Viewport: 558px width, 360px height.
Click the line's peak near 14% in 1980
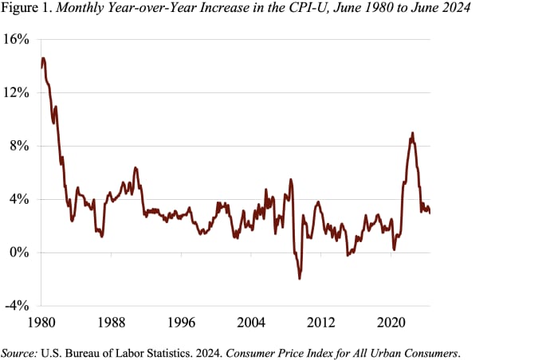(43, 58)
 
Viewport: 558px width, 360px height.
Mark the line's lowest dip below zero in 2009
(300, 278)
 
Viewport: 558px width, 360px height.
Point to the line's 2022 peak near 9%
(412, 133)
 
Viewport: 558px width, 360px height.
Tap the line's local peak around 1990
(136, 168)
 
